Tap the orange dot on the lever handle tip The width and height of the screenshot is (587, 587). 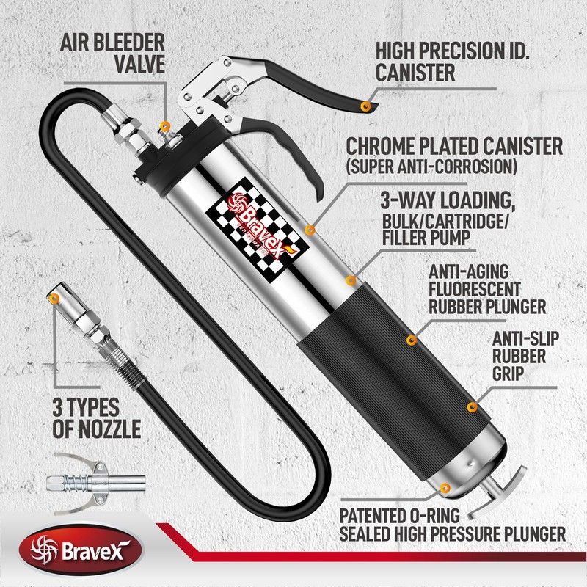365,108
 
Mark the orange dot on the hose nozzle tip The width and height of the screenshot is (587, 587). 56,296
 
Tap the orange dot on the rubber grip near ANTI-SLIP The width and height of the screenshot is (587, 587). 471,406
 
